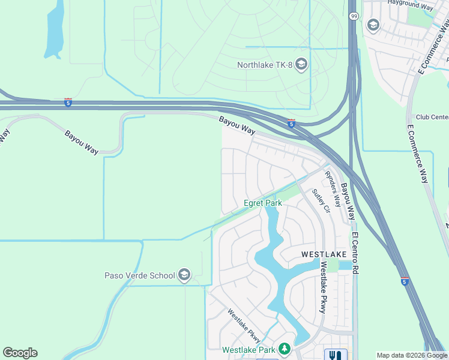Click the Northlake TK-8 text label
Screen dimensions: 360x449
click(265, 65)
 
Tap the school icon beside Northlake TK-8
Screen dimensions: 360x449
click(301, 64)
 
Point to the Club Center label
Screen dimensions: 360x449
click(432, 117)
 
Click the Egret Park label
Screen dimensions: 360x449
click(262, 203)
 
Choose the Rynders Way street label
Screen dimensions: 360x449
click(333, 189)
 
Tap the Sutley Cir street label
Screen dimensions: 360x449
click(321, 201)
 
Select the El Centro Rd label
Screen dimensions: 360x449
click(355, 253)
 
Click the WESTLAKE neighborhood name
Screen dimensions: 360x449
click(324, 254)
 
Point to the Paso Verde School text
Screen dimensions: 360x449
click(140, 275)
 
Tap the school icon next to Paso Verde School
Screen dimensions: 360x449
click(184, 275)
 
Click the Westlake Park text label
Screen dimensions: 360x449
click(249, 350)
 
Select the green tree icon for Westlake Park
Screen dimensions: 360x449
click(284, 349)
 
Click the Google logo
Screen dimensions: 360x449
click(20, 353)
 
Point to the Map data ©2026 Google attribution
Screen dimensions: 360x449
click(412, 355)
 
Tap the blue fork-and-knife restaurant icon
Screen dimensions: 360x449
click(335, 354)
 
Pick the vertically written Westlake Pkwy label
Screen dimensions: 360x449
click(323, 287)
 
